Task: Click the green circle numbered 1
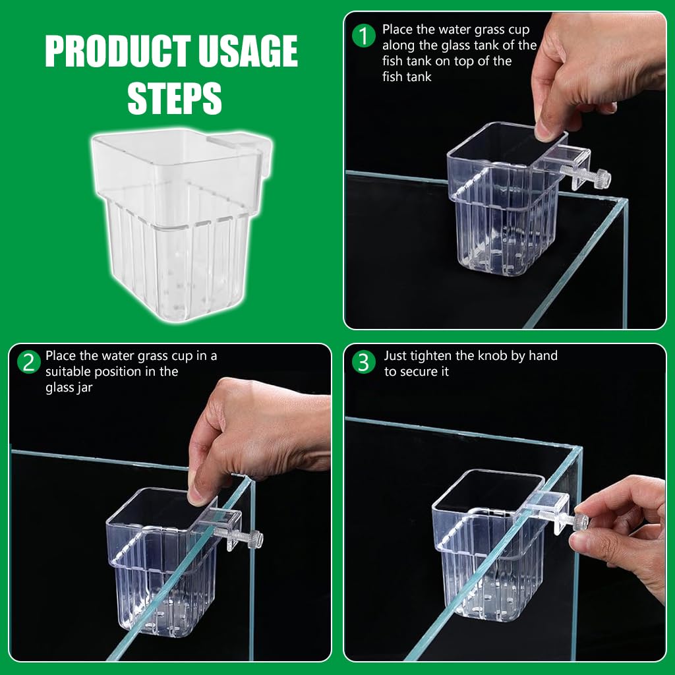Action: pyautogui.click(x=364, y=35)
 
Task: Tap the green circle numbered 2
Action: pyautogui.click(x=28, y=361)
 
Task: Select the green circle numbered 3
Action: pyautogui.click(x=364, y=361)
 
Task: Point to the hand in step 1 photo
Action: pyautogui.click(x=593, y=73)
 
